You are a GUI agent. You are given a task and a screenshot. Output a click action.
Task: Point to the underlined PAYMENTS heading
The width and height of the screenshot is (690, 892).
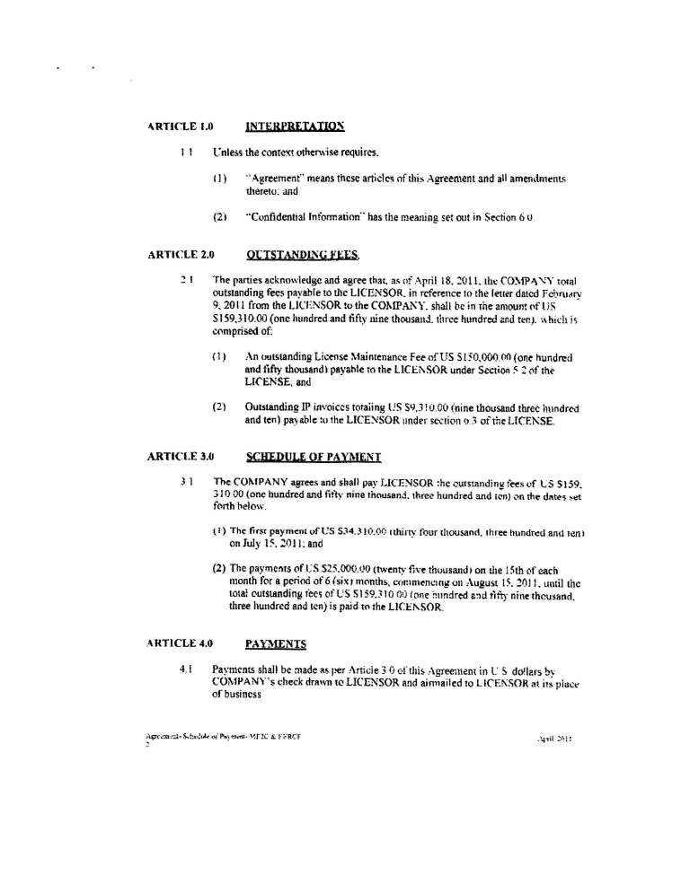[x=276, y=643]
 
